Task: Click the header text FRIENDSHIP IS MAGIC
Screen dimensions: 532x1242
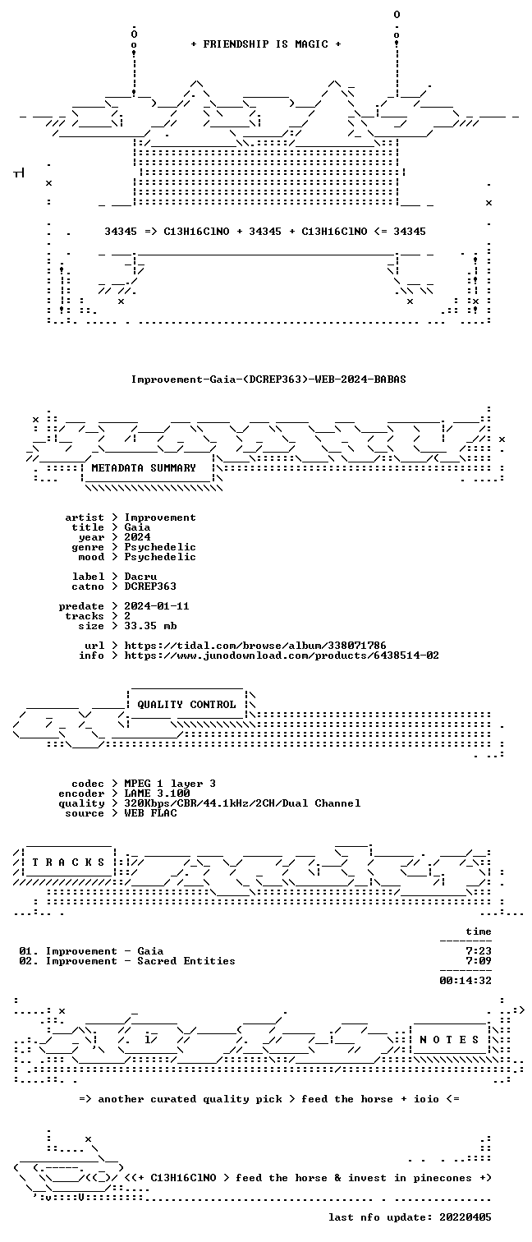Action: (265, 44)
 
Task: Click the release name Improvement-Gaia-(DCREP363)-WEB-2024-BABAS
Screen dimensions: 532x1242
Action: (268, 379)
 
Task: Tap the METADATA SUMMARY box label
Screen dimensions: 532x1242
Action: (144, 468)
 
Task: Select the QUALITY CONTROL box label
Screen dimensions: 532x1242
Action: (186, 705)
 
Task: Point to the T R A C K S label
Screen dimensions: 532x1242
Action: (68, 862)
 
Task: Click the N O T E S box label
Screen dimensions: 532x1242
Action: (449, 1040)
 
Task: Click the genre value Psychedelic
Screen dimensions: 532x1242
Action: (159, 547)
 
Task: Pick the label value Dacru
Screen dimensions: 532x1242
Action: (140, 577)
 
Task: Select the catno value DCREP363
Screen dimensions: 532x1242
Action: (150, 586)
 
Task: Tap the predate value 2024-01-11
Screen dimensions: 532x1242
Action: (157, 606)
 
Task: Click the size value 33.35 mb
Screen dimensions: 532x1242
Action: (150, 626)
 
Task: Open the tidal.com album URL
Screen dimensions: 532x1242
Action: (255, 646)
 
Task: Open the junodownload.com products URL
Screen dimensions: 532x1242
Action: (282, 656)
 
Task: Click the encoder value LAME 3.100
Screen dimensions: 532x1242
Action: (157, 793)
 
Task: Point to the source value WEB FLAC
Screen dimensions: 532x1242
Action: (150, 813)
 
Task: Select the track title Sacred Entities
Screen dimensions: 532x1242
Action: (186, 961)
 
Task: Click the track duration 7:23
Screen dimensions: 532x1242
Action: (479, 951)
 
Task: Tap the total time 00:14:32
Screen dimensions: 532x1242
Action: (465, 981)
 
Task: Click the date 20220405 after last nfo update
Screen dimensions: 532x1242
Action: (465, 1217)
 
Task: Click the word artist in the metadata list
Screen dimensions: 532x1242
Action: (85, 517)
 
